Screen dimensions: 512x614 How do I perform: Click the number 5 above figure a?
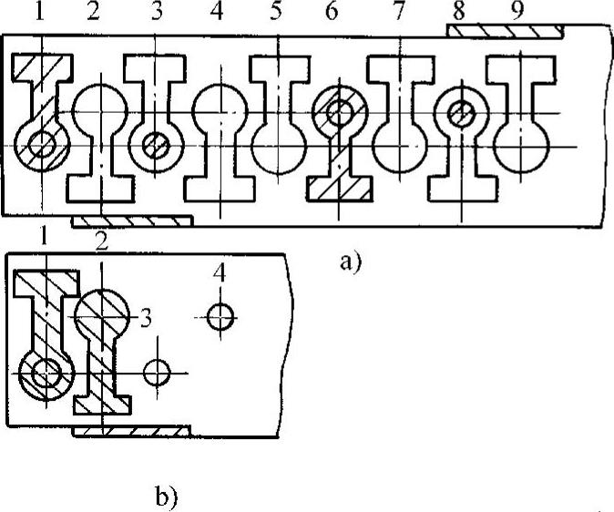[x=275, y=15]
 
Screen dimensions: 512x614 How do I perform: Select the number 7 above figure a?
[x=395, y=15]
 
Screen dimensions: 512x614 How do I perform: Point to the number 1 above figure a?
[x=38, y=15]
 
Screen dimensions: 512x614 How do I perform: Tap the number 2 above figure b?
[x=103, y=241]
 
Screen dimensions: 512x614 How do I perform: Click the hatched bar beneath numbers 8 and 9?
[x=504, y=31]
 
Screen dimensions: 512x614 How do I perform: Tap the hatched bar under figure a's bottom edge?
[x=132, y=221]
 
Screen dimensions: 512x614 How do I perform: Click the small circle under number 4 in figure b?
[x=220, y=317]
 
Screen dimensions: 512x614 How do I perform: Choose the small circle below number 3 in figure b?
[x=158, y=373]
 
